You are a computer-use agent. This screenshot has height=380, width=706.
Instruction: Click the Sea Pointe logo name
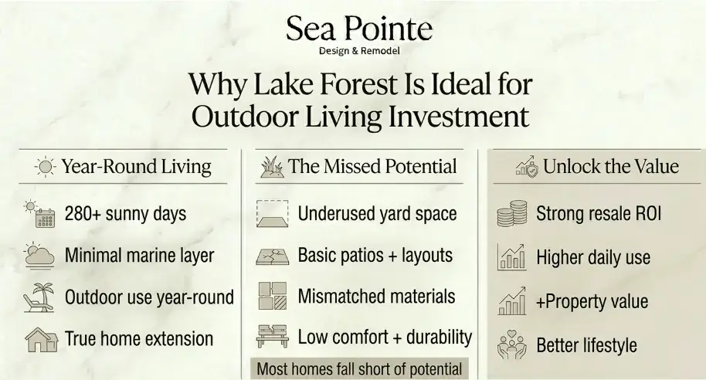pyautogui.click(x=359, y=29)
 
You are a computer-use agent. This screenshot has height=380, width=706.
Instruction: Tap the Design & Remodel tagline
pyautogui.click(x=359, y=51)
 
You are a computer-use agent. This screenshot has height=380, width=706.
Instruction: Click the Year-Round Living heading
pyautogui.click(x=137, y=167)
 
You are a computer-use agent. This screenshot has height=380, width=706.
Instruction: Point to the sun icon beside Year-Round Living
pyautogui.click(x=46, y=167)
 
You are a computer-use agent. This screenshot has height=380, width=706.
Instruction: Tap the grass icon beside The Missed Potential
pyautogui.click(x=272, y=167)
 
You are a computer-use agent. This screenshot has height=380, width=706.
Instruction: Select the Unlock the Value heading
pyautogui.click(x=611, y=167)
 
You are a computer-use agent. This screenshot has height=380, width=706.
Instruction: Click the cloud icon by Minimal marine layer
pyautogui.click(x=39, y=256)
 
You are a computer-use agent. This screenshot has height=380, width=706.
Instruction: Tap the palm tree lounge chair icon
pyautogui.click(x=39, y=297)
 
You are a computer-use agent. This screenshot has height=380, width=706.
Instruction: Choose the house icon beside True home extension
pyautogui.click(x=41, y=340)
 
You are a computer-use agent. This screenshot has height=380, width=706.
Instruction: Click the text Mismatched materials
pyautogui.click(x=376, y=297)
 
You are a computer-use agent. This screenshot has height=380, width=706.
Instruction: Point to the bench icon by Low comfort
pyautogui.click(x=273, y=336)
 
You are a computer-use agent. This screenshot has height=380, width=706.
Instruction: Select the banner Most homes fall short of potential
pyautogui.click(x=359, y=368)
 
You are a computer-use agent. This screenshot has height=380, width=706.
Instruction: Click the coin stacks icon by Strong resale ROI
pyautogui.click(x=512, y=213)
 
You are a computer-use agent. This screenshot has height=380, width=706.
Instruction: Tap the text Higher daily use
pyautogui.click(x=593, y=257)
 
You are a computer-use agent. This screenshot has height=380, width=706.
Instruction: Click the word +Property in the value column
pyautogui.click(x=568, y=302)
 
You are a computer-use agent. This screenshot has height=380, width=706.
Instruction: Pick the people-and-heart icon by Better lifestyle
pyautogui.click(x=512, y=345)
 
